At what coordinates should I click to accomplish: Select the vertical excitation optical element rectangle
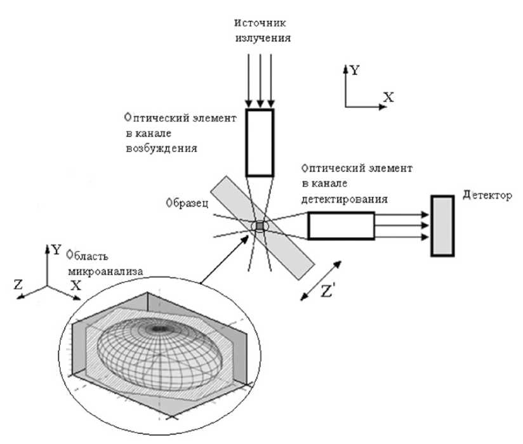(259, 142)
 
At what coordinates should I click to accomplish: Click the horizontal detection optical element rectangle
(341, 225)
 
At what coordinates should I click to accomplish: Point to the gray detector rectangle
(442, 225)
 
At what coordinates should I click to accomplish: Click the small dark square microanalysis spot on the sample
(259, 226)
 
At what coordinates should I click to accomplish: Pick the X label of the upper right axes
(388, 97)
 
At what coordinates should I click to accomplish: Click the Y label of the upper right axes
(354, 70)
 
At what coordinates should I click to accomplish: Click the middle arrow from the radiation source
(259, 79)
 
